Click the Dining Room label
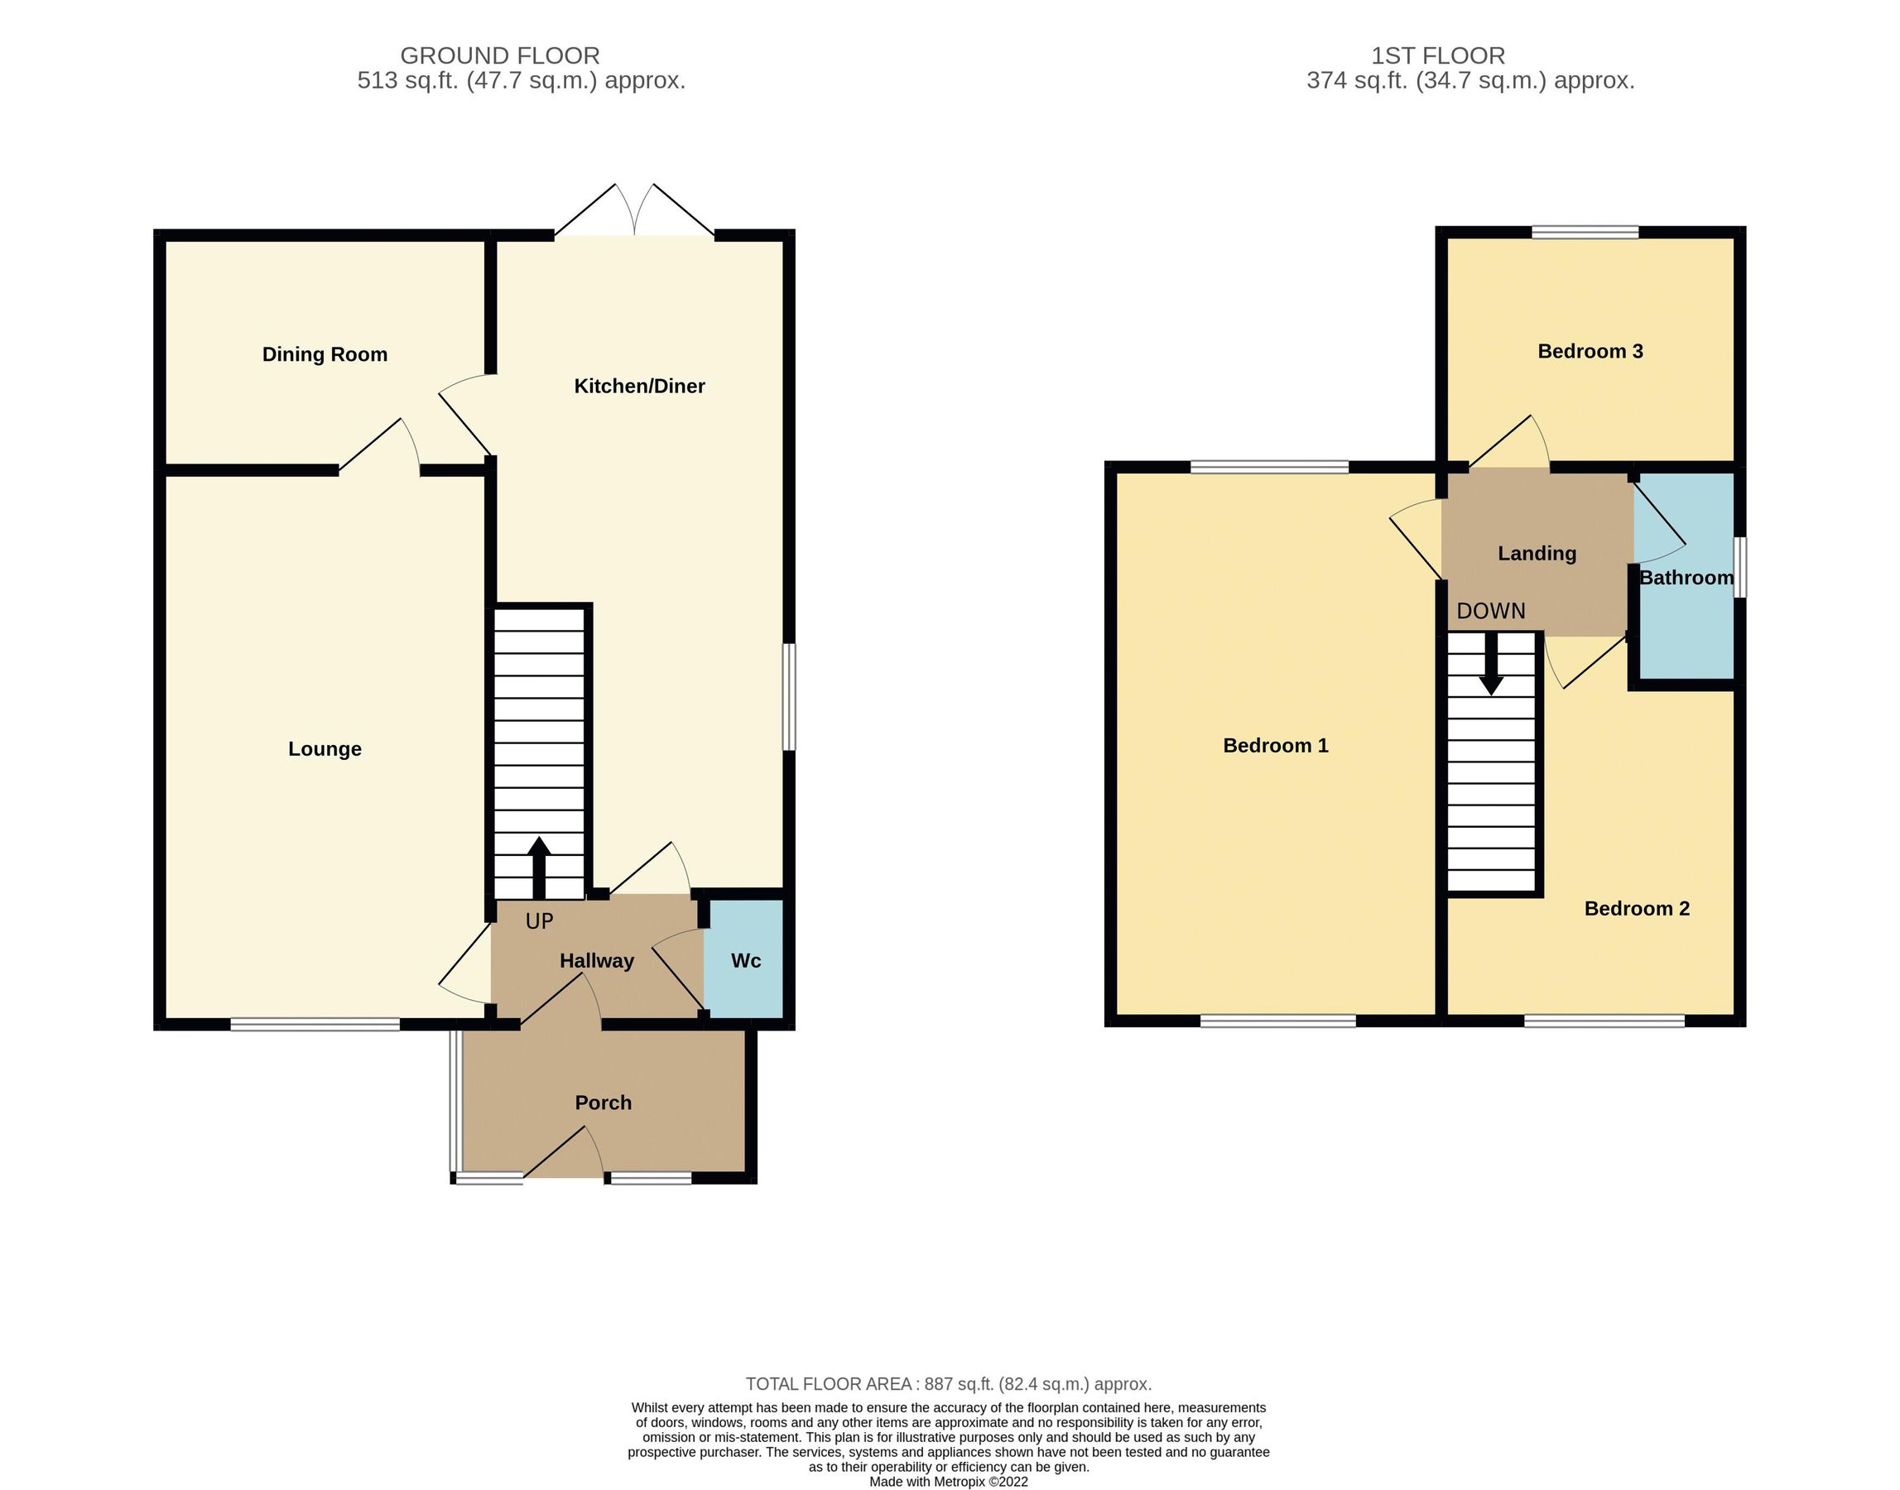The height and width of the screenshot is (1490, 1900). tap(325, 354)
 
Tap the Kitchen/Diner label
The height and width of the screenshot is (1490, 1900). tap(638, 386)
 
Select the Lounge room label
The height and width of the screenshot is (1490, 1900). tap(325, 748)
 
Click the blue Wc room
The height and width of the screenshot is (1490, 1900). tap(745, 959)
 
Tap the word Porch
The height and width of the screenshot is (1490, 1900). tap(603, 1102)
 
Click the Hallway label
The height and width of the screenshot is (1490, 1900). tap(596, 960)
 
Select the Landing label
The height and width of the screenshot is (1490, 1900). tap(1537, 553)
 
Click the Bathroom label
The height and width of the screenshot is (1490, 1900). tap(1686, 578)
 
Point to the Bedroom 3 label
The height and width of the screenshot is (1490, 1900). tap(1590, 351)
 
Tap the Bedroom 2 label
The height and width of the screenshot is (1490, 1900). tap(1637, 908)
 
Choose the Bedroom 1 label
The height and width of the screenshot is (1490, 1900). tap(1276, 745)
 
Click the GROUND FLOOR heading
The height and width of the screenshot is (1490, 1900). tap(499, 55)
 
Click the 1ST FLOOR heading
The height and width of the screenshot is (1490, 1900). tap(1438, 55)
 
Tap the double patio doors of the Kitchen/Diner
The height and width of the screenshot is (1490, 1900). tap(634, 214)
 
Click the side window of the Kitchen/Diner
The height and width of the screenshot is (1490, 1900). tap(789, 696)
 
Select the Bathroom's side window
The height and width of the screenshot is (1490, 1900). tap(1739, 567)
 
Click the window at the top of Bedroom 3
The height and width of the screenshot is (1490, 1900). tap(1585, 232)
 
